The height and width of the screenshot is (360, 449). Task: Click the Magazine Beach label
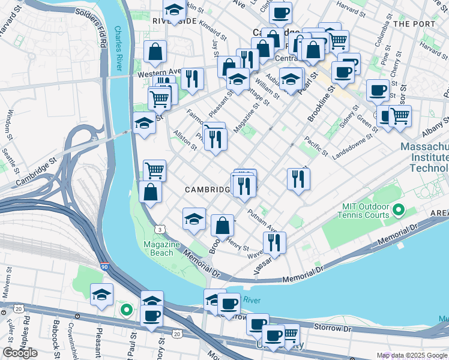point(161,248)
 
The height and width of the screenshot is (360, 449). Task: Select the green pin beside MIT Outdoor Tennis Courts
point(397,211)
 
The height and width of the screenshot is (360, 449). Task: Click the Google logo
point(20,353)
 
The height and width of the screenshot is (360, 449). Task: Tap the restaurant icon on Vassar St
point(274,242)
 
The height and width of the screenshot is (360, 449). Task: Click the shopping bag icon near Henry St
point(222,226)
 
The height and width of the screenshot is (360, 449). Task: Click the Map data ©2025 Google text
point(411,355)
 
